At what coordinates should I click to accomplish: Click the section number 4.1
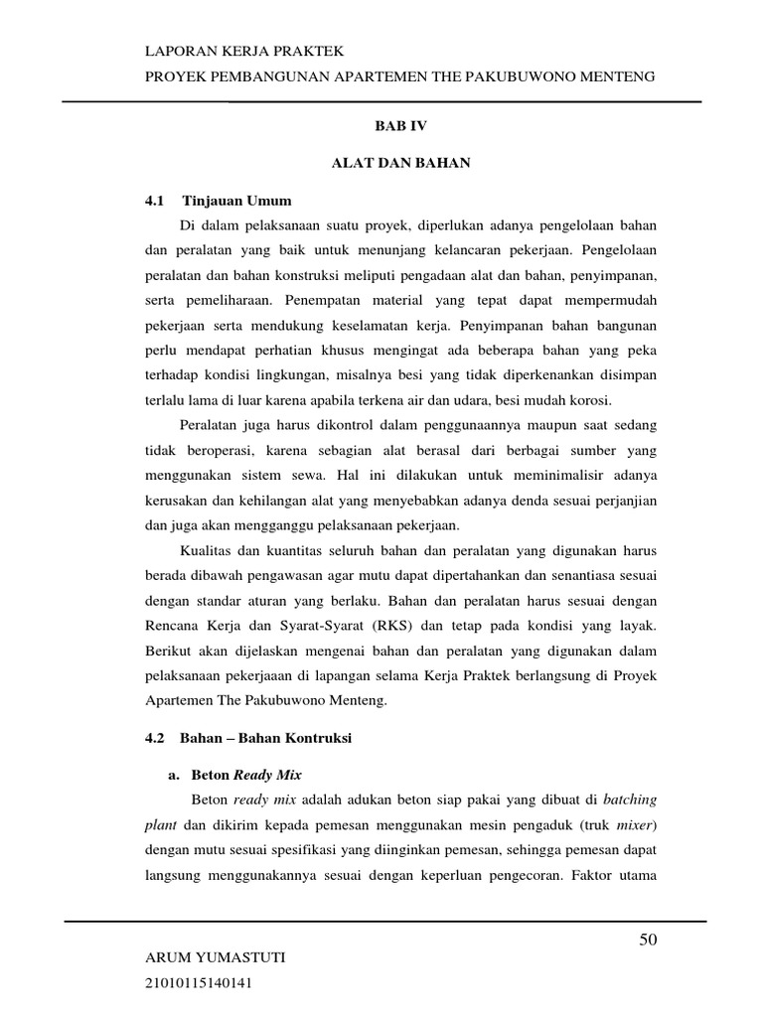click(x=154, y=201)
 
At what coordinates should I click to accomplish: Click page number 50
click(x=647, y=941)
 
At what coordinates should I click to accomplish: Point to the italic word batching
click(x=629, y=799)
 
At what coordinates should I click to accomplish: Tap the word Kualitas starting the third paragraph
click(x=208, y=551)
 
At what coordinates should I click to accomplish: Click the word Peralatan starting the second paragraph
click(x=211, y=425)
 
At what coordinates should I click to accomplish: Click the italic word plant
click(x=162, y=824)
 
